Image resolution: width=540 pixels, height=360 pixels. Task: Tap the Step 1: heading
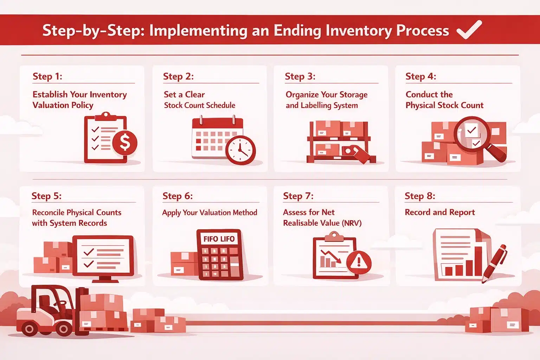(47, 76)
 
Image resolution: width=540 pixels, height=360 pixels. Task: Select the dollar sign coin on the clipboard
(125, 142)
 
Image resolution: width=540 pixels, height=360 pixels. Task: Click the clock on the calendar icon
(240, 150)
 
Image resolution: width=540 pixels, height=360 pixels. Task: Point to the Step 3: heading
(300, 76)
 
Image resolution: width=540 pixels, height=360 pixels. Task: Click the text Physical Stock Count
(444, 105)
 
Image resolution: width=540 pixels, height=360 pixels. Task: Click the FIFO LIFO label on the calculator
(219, 239)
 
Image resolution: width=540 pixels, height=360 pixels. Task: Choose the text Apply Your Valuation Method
(210, 212)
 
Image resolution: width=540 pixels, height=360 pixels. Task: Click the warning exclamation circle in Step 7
(359, 262)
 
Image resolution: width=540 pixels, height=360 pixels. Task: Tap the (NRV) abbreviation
(352, 223)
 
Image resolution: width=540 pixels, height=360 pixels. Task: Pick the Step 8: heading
(420, 196)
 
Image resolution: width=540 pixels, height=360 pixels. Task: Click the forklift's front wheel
(63, 329)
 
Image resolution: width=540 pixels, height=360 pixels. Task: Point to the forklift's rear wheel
(29, 329)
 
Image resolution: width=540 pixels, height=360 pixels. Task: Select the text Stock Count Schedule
(199, 105)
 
